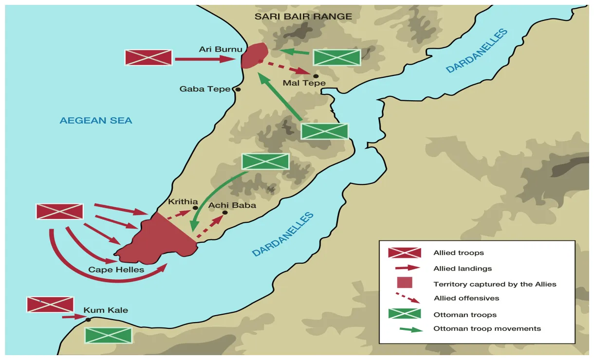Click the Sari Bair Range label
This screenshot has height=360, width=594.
pyautogui.click(x=303, y=17)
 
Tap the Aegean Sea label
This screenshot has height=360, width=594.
pyautogui.click(x=96, y=121)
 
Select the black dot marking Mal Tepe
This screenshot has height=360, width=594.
pyautogui.click(x=316, y=76)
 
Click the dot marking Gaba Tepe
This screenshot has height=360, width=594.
pyautogui.click(x=238, y=90)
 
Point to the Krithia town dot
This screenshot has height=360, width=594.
pyautogui.click(x=195, y=208)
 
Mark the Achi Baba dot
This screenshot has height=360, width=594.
pyautogui.click(x=225, y=213)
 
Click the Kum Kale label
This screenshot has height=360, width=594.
pyautogui.click(x=106, y=310)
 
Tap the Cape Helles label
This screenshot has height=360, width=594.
pyautogui.click(x=116, y=270)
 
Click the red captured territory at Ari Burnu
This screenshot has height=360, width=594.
pyautogui.click(x=254, y=55)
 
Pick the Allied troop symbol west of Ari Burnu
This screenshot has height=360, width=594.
pyautogui.click(x=148, y=57)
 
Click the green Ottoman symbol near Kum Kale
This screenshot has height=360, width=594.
pyautogui.click(x=109, y=335)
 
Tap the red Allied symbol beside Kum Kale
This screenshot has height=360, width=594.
pyautogui.click(x=50, y=305)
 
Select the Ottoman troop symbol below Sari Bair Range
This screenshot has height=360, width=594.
pyautogui.click(x=337, y=57)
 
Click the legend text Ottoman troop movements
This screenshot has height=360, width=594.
pyautogui.click(x=487, y=328)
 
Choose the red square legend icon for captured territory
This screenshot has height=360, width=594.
pyautogui.click(x=405, y=283)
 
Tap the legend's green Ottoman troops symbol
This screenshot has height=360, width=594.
pyautogui.click(x=405, y=314)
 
